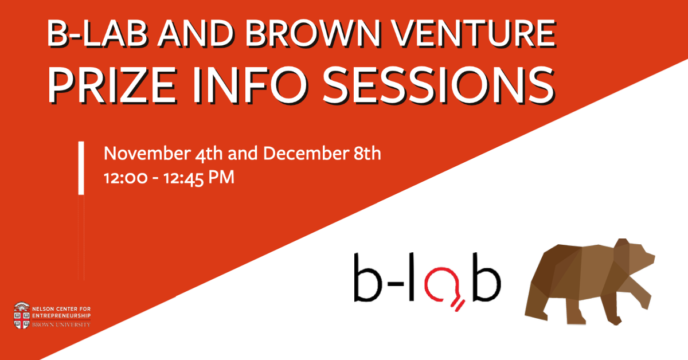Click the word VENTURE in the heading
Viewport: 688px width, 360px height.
475,33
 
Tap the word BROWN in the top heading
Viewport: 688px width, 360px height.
312,33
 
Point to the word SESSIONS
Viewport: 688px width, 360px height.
439,85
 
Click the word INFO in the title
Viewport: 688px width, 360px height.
250,85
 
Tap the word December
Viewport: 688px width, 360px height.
306,153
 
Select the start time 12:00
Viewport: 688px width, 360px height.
126,178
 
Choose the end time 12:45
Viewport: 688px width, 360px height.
183,179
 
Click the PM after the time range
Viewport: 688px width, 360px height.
221,178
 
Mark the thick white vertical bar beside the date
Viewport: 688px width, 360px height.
81,168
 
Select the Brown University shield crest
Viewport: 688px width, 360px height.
22,315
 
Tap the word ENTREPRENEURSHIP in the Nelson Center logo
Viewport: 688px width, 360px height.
61,316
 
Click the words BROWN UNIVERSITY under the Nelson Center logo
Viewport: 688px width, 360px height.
61,324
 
